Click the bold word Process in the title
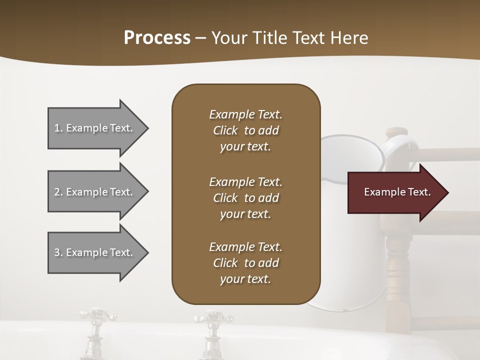(157, 38)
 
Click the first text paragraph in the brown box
(245, 130)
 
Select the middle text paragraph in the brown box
(245, 198)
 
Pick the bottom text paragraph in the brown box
(245, 263)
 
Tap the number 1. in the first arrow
(58, 128)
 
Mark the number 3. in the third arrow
(58, 252)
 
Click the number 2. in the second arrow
(58, 192)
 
